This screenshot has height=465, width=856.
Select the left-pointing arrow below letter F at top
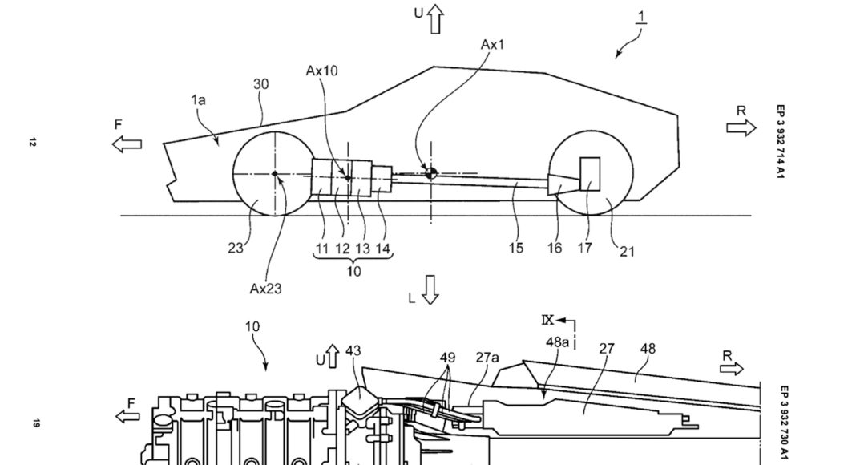(127, 144)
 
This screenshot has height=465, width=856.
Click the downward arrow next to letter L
(430, 290)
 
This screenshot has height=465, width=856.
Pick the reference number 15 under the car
(515, 249)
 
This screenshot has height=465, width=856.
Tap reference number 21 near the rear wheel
(626, 251)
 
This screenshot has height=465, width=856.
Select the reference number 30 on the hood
(261, 83)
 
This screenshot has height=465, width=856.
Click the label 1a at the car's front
(198, 99)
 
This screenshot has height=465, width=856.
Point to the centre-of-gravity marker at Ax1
(430, 172)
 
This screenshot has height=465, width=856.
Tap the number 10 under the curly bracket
(353, 271)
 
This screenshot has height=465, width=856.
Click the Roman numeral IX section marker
(547, 321)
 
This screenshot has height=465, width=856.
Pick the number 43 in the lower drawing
(353, 350)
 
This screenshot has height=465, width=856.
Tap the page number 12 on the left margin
(32, 143)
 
